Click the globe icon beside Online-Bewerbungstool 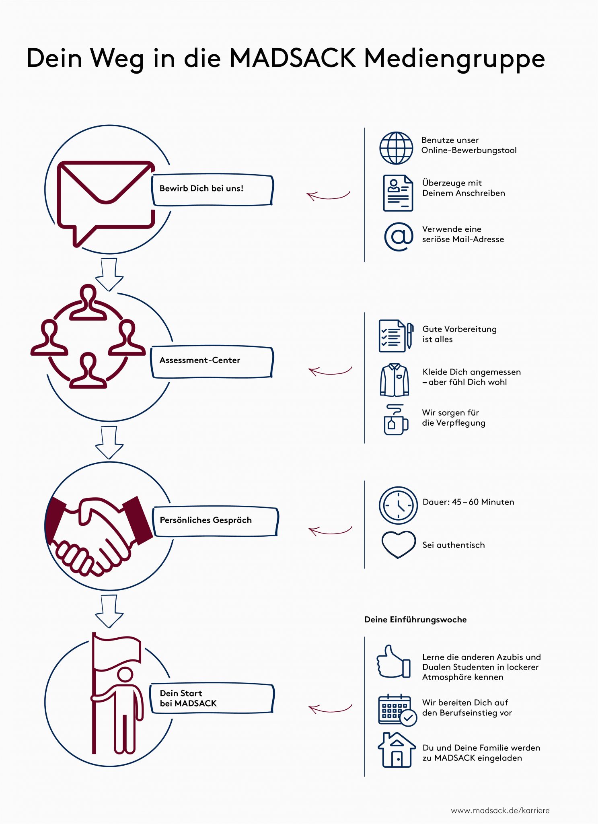tap(396, 148)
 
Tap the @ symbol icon tap(399, 237)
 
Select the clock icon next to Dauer tap(398, 505)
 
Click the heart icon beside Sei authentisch tap(398, 544)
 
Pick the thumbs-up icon tap(393, 662)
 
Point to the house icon tap(397, 750)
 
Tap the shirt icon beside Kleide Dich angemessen tap(395, 380)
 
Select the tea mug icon tap(396, 420)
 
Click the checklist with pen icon tap(396, 336)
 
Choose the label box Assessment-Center tap(212, 362)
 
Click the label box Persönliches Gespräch tap(215, 521)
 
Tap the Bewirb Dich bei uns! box tap(212, 190)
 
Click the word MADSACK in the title tap(292, 58)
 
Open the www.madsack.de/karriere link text tap(500, 810)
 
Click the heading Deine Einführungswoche tap(415, 620)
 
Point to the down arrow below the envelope tap(109, 275)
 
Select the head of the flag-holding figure tap(125, 675)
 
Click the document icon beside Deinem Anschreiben tap(398, 193)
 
